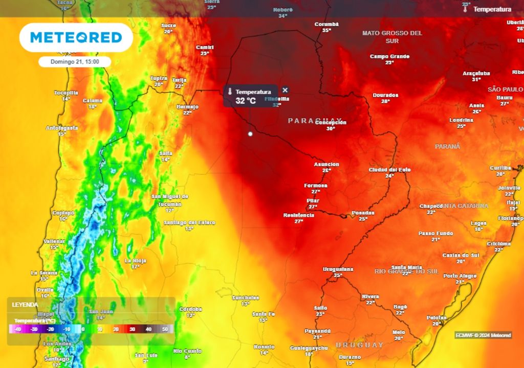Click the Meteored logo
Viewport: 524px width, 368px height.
[x=76, y=37]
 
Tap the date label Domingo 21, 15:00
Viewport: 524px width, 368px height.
[x=75, y=61]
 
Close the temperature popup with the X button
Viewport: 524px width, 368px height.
[x=286, y=90]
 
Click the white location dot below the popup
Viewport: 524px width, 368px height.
[x=250, y=134]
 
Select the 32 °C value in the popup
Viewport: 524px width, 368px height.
[x=246, y=101]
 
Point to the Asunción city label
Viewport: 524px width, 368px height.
[x=326, y=164]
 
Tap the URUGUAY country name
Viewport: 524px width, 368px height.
[x=359, y=346]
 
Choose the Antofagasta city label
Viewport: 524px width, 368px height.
[x=62, y=127]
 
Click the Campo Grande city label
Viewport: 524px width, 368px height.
[x=389, y=56]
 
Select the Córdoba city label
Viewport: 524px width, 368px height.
[x=190, y=309]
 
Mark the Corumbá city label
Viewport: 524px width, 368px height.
[x=326, y=24]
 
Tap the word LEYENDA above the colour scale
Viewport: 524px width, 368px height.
[x=25, y=305]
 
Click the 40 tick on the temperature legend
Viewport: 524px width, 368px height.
[x=148, y=330]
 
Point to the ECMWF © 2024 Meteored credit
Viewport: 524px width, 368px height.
[x=483, y=335]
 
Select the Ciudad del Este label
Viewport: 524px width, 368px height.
[x=389, y=170]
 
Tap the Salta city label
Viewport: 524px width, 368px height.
[x=165, y=153]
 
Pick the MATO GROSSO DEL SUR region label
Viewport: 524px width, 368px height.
[x=392, y=36]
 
